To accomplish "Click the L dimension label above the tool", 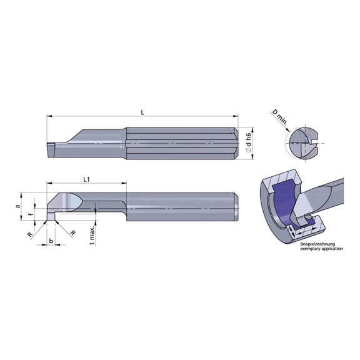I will pyautogui.click(x=142, y=112).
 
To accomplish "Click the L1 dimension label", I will pyautogui.click(x=87, y=179).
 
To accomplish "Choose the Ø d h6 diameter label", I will pyautogui.click(x=248, y=142).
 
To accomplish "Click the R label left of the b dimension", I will pyautogui.click(x=29, y=233).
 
